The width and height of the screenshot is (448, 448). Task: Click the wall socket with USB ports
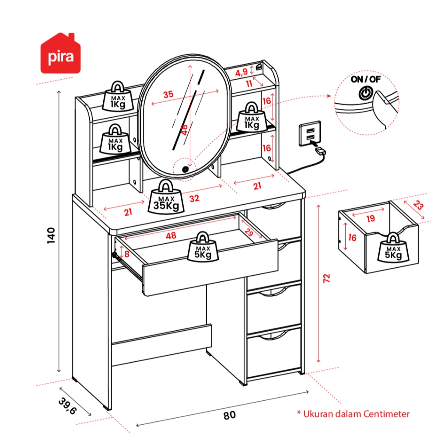[310, 133]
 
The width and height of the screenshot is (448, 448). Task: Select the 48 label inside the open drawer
[171, 236]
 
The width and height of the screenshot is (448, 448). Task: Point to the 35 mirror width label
[168, 94]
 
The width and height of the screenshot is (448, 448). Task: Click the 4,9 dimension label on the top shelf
[241, 72]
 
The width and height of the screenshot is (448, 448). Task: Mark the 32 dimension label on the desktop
[194, 198]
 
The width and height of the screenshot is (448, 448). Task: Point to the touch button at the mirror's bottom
[186, 169]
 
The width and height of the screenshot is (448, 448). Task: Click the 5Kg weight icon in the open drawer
[202, 247]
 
